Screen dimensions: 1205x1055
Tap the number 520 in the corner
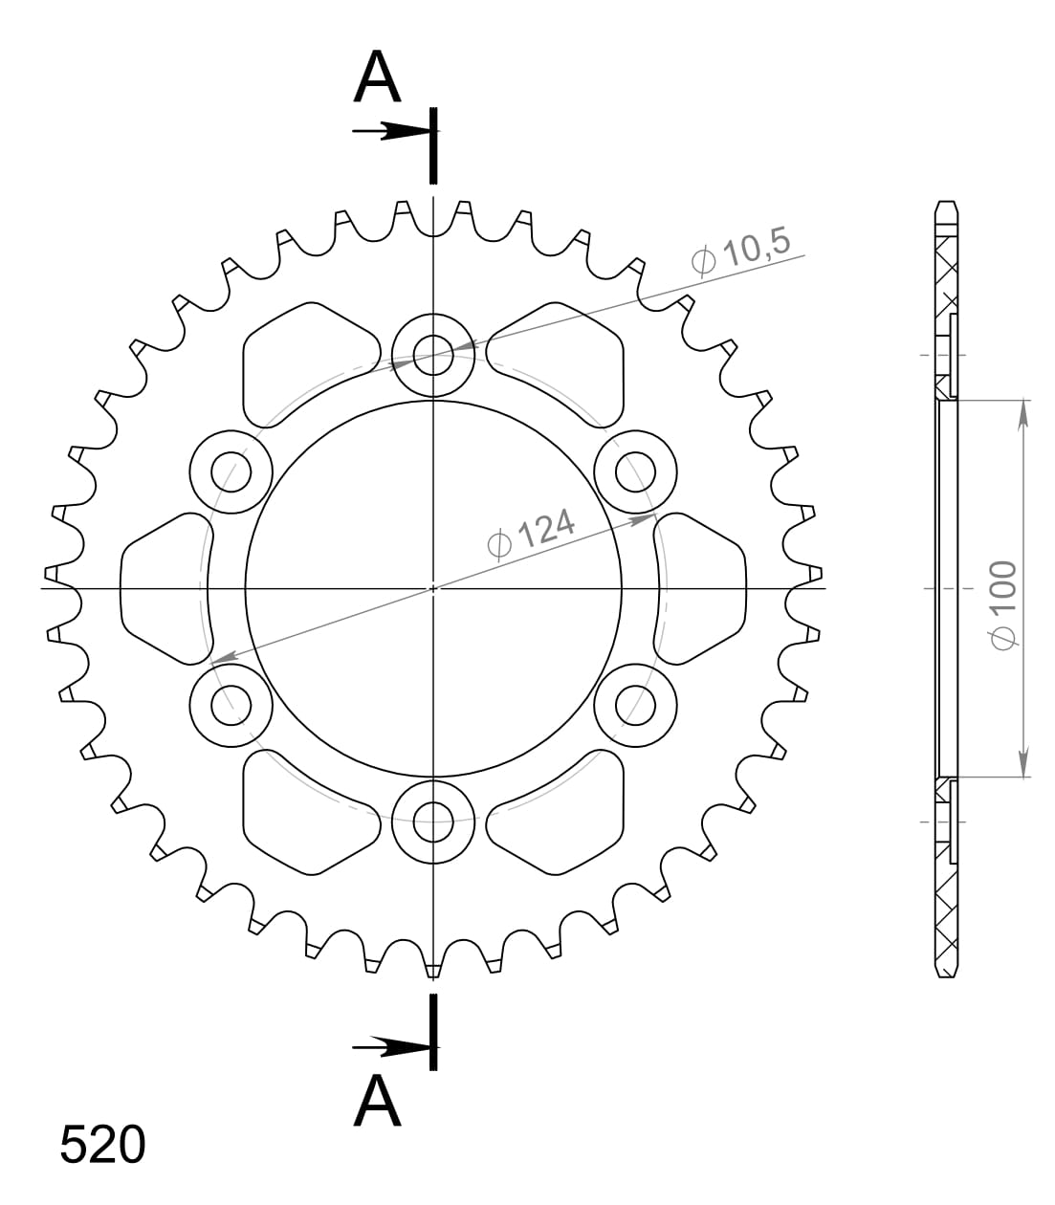(102, 1145)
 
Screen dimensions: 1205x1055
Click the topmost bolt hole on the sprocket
(433, 355)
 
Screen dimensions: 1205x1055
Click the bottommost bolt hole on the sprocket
(433, 820)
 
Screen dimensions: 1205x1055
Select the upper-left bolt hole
(231, 471)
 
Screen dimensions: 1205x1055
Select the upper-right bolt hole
(634, 471)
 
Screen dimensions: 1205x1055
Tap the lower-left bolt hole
(231, 705)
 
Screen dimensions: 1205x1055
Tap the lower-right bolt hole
(634, 705)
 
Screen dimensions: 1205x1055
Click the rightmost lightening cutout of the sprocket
(703, 588)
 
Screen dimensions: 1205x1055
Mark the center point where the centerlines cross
(433, 588)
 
